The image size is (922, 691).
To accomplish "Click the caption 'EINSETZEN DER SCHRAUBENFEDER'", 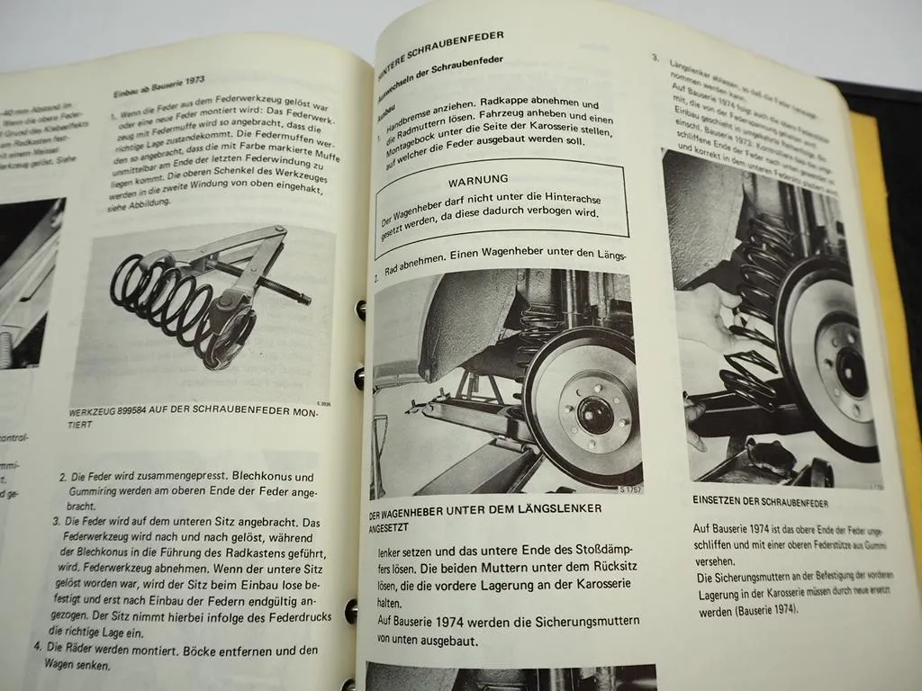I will coord(760,502).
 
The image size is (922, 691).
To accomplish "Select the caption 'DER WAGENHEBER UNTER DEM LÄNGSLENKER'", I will coord(485,516).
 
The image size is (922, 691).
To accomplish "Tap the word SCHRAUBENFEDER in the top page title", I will coord(460,39).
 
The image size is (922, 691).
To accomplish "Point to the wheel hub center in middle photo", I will coord(595,415).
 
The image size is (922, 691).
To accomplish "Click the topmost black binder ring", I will coord(360,310).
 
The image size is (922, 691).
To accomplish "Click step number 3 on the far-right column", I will coord(655,58).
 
